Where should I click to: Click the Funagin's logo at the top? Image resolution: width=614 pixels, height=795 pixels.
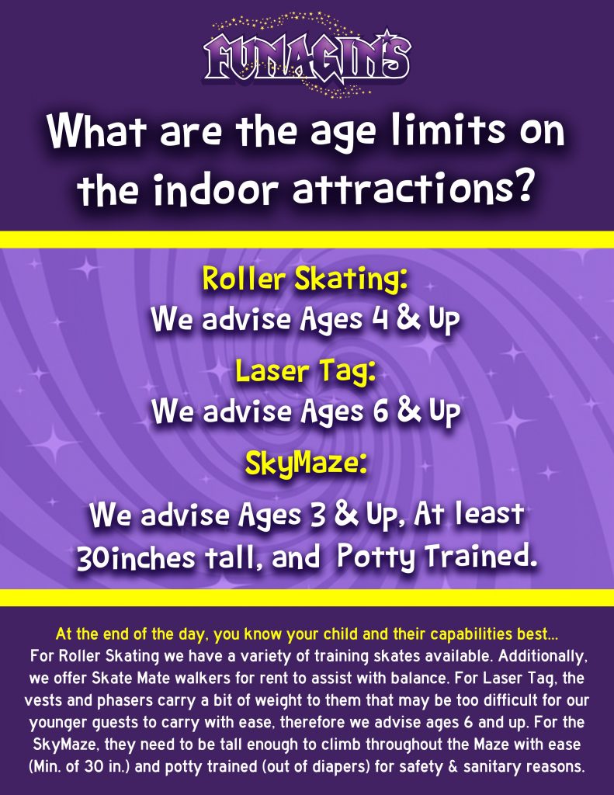coord(307,55)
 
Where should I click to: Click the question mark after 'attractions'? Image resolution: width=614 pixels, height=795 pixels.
coord(522,186)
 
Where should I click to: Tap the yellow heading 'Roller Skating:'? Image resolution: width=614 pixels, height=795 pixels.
coord(305,278)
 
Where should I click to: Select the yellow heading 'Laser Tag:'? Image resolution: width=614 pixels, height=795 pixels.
coord(306,370)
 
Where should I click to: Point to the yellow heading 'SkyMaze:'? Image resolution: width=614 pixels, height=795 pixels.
coord(306,463)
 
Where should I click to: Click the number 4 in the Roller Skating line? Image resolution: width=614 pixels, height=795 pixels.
coord(380,319)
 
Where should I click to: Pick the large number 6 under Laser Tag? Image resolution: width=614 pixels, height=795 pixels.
coord(380,411)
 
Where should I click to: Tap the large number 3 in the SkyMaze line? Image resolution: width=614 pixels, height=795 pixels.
coord(318,515)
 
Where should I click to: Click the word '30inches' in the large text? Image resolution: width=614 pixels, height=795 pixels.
coord(136,557)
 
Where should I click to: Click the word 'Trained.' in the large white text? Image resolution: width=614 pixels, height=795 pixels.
coord(480,556)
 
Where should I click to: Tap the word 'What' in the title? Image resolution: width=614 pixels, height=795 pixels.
coord(96,130)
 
